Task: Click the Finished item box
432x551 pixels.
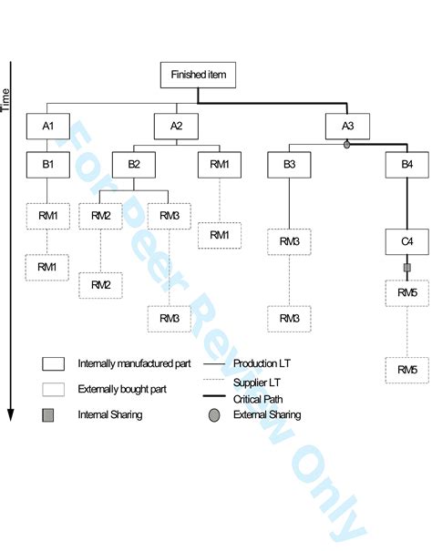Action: click(x=198, y=75)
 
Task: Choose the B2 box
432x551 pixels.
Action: click(x=134, y=166)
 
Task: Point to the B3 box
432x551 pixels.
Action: click(x=289, y=166)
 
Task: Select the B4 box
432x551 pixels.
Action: click(x=406, y=166)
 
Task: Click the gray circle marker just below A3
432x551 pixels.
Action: click(x=347, y=145)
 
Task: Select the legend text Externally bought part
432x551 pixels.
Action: click(x=122, y=388)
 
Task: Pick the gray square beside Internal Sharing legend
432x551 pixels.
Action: click(x=51, y=414)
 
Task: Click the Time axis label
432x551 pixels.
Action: click(x=6, y=99)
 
